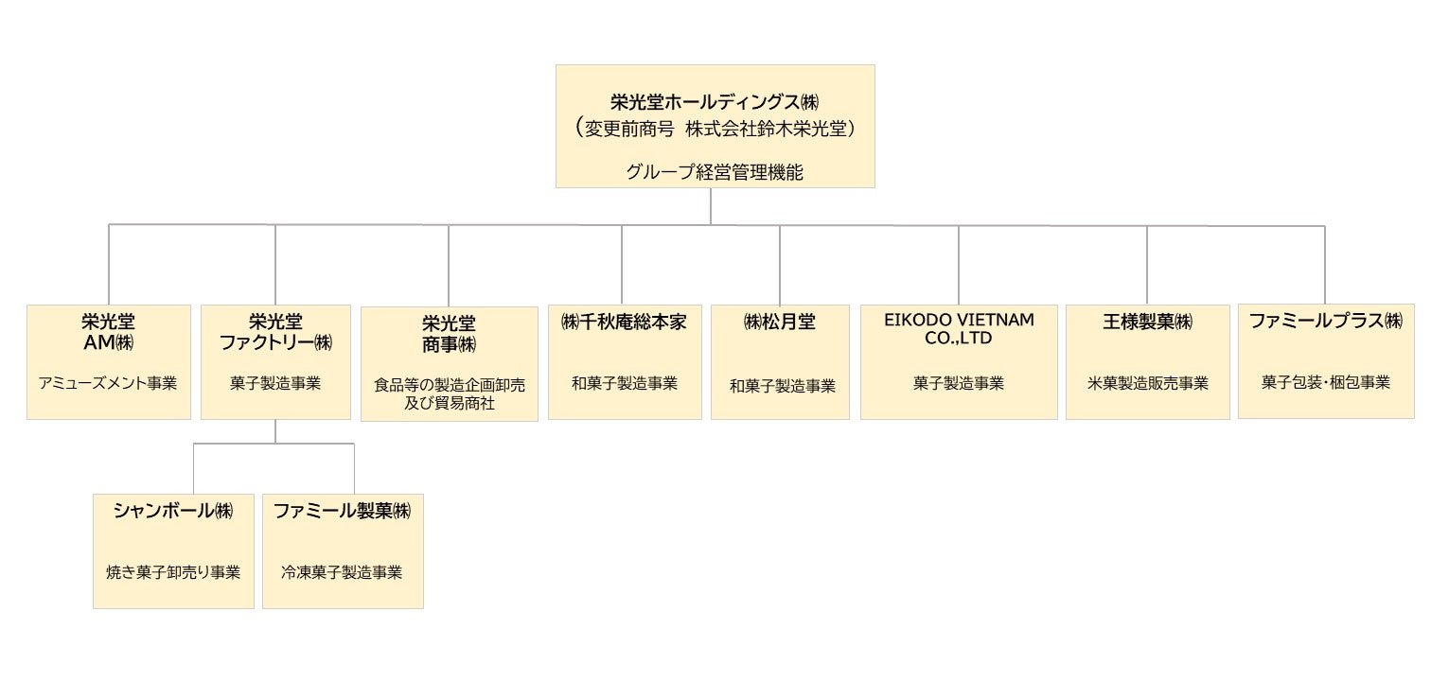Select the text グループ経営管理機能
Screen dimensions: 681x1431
pyautogui.click(x=715, y=172)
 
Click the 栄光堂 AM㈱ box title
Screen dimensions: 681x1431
pyautogui.click(x=108, y=331)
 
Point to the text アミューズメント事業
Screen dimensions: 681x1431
pyautogui.click(x=108, y=384)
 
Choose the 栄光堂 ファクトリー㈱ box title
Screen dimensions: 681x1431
pyautogui.click(x=275, y=331)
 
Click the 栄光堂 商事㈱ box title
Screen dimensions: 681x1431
pyautogui.click(x=449, y=333)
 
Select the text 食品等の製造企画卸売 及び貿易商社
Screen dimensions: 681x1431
pyautogui.click(x=449, y=394)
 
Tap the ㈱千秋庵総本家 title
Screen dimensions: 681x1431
pyautogui.click(x=624, y=323)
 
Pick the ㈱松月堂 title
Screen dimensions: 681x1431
pyautogui.click(x=780, y=323)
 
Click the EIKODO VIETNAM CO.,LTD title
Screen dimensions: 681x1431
pyautogui.click(x=959, y=329)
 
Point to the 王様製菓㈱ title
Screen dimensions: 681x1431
pyautogui.click(x=1147, y=323)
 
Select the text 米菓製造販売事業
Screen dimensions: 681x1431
pyautogui.click(x=1147, y=384)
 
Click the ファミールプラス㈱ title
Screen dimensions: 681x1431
pyautogui.click(x=1325, y=322)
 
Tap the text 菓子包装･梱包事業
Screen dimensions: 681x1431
pyautogui.click(x=1325, y=383)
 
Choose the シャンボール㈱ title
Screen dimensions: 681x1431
pyautogui.click(x=173, y=512)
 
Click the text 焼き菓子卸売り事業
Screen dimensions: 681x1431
pyautogui.click(x=173, y=573)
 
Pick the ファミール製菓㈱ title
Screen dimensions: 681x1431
pyautogui.click(x=343, y=512)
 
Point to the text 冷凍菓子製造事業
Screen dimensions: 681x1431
pyautogui.click(x=342, y=573)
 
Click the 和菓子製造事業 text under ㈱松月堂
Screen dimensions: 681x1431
pyautogui.click(x=782, y=386)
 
